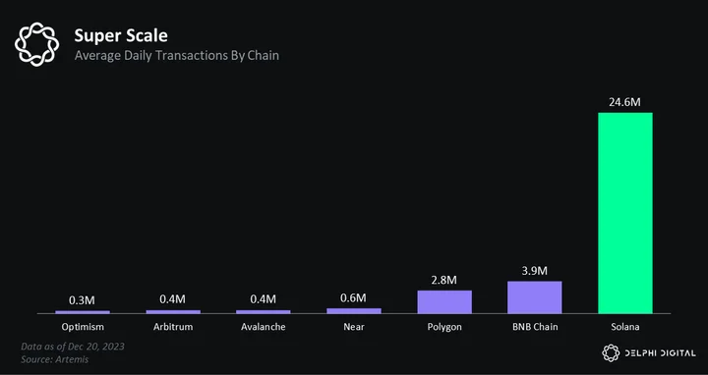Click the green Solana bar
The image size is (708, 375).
(x=625, y=213)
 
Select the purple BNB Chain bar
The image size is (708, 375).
(x=535, y=297)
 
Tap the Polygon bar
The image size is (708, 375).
(x=444, y=302)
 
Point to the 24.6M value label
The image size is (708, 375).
(x=624, y=102)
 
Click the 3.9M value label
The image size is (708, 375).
(x=534, y=271)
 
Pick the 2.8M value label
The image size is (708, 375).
(x=443, y=280)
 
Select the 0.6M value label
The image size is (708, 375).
(x=354, y=297)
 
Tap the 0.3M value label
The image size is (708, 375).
(x=83, y=300)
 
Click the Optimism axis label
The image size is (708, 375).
(x=83, y=327)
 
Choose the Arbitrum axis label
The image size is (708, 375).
(x=173, y=327)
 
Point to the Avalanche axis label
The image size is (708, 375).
(x=264, y=327)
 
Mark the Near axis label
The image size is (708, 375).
(x=354, y=327)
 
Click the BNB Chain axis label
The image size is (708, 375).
(x=535, y=327)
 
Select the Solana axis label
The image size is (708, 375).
(x=625, y=327)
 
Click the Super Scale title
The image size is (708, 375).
(x=121, y=35)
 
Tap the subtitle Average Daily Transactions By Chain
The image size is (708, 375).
(x=177, y=55)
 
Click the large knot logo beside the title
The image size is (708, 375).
(x=37, y=44)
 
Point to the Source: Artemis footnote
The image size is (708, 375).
(x=55, y=359)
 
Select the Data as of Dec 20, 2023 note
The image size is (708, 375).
(x=73, y=347)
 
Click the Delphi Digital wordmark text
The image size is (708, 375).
(x=660, y=353)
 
